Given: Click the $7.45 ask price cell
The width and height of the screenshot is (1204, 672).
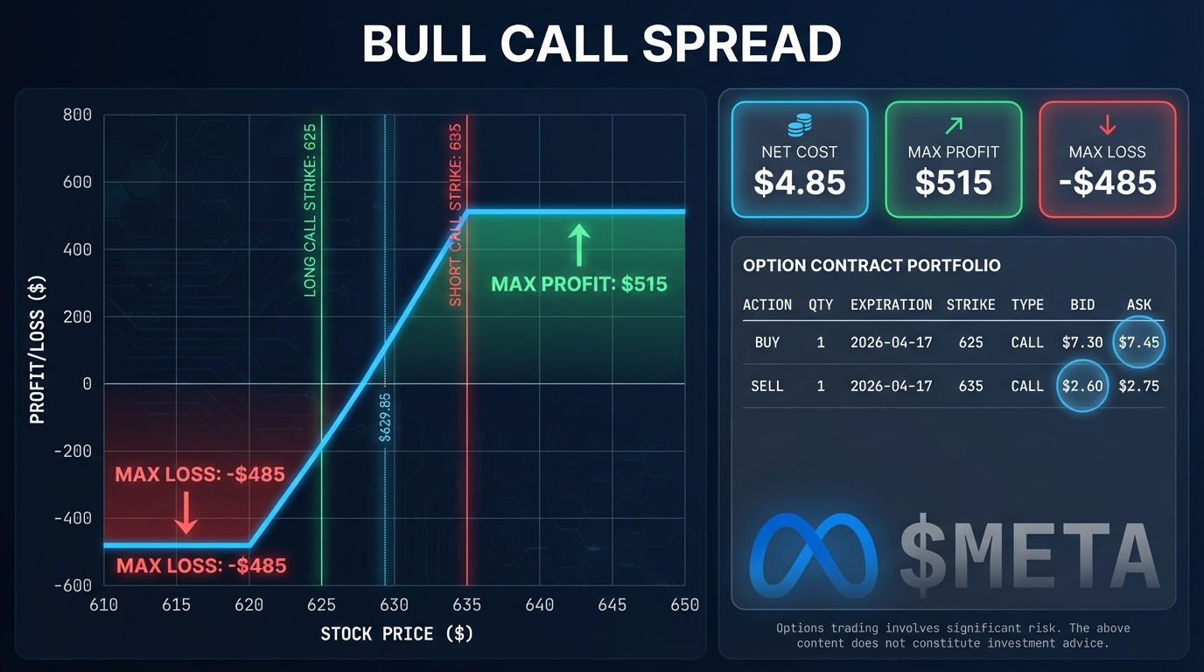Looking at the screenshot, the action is pos(1138,342).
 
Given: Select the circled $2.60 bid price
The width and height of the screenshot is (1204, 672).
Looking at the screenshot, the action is pos(1082,386).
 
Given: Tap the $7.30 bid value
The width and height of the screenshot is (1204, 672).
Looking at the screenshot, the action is pos(1082,342).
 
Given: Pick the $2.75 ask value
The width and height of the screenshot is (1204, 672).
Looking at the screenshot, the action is pos(1138,386).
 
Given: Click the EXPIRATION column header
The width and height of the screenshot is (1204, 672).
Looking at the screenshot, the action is pos(891,304).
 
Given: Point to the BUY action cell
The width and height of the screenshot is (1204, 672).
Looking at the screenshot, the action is pos(767,342).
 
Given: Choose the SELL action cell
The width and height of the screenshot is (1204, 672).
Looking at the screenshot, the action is pos(767,386).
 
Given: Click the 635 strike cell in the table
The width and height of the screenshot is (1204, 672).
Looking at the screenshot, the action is pos(970,386).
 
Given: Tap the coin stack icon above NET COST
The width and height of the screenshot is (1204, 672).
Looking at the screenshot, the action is pos(800,125).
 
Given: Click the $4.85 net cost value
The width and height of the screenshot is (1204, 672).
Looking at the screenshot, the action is pos(800,182).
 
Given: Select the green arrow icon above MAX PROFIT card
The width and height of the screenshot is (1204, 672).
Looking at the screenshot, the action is pos(954,126).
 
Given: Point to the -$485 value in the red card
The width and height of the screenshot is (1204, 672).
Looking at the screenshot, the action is pos(1107,182).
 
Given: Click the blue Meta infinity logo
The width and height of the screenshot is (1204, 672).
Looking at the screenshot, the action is pos(813,556).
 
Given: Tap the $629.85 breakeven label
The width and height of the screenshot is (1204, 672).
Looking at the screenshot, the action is pos(385,417).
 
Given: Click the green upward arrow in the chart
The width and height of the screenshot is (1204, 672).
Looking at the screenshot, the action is pos(579,245).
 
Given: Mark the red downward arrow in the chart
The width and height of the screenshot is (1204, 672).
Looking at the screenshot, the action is pos(186,513).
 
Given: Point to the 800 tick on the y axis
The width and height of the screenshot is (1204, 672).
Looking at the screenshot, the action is pos(77,115).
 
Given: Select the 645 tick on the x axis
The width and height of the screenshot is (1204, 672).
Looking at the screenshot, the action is pos(612,605).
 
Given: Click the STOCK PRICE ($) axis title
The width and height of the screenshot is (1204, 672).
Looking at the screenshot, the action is pos(397,633).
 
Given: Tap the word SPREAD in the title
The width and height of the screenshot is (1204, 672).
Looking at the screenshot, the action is pos(742,44).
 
